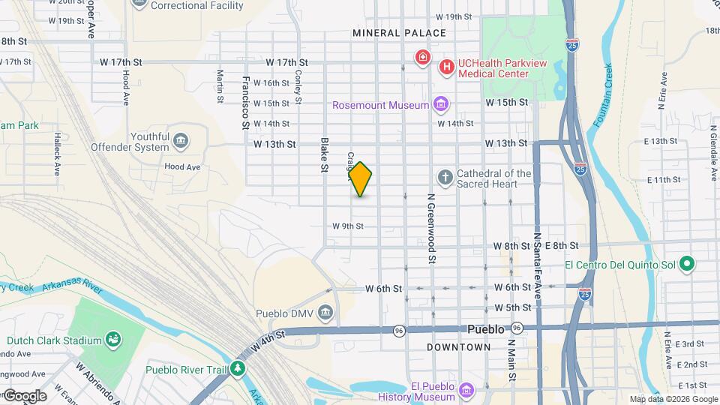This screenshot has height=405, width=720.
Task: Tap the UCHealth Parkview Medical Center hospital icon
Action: coord(447,67)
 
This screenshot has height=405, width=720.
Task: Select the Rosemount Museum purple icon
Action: coord(441,104)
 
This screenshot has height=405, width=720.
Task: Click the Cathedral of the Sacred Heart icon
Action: coord(445,178)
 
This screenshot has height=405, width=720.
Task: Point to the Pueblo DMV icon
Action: coord(325,311)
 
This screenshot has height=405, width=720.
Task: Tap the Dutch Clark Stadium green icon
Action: coord(113,340)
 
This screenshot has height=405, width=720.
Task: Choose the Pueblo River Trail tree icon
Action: coord(238,368)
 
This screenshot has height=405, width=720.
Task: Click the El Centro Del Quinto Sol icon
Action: coord(687,265)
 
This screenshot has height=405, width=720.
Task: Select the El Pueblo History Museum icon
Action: coord(466,391)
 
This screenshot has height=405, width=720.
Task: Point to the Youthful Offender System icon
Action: coord(180,141)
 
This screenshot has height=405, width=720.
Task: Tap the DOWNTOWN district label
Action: coord(459,347)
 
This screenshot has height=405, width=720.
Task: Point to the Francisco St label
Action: coord(245,103)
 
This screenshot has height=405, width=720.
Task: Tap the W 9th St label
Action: coord(348,226)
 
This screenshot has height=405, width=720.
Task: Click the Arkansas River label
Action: coord(72,284)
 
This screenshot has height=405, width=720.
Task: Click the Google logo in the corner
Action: coord(25,395)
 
